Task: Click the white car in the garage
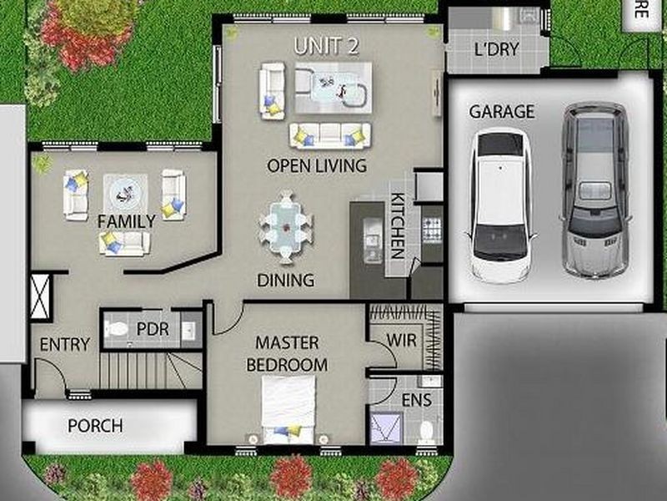click(499, 205)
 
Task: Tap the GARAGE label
click(501, 111)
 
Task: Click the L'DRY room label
click(496, 49)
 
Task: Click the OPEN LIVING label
click(316, 166)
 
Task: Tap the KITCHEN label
click(398, 225)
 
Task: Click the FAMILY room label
click(126, 221)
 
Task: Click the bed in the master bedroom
click(288, 409)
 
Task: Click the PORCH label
click(95, 426)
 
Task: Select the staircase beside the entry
click(150, 370)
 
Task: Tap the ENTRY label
click(64, 344)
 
